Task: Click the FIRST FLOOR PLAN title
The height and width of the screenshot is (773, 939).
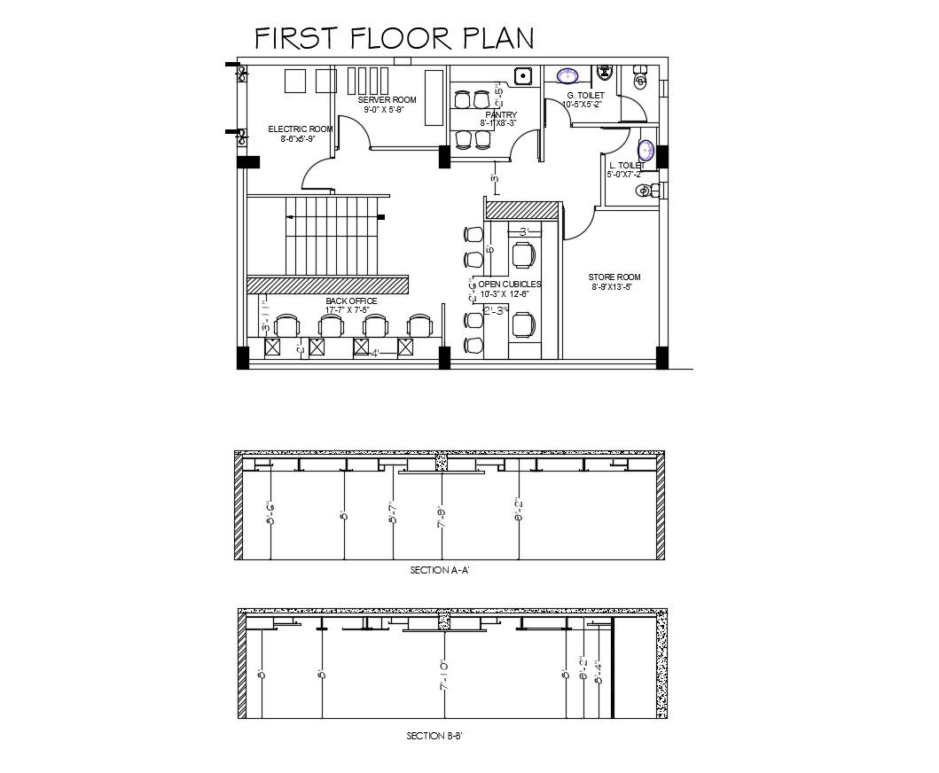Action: coord(395,38)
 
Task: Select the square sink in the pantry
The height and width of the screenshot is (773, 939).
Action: coord(522,76)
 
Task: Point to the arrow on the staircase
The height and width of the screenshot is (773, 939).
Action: coord(380,217)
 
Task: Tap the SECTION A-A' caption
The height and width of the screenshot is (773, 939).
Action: coord(439,572)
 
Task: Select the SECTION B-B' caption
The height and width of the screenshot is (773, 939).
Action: coord(434,735)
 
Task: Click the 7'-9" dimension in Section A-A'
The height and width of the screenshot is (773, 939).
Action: coord(441,516)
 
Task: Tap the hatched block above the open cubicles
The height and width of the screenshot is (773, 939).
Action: coord(522,210)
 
